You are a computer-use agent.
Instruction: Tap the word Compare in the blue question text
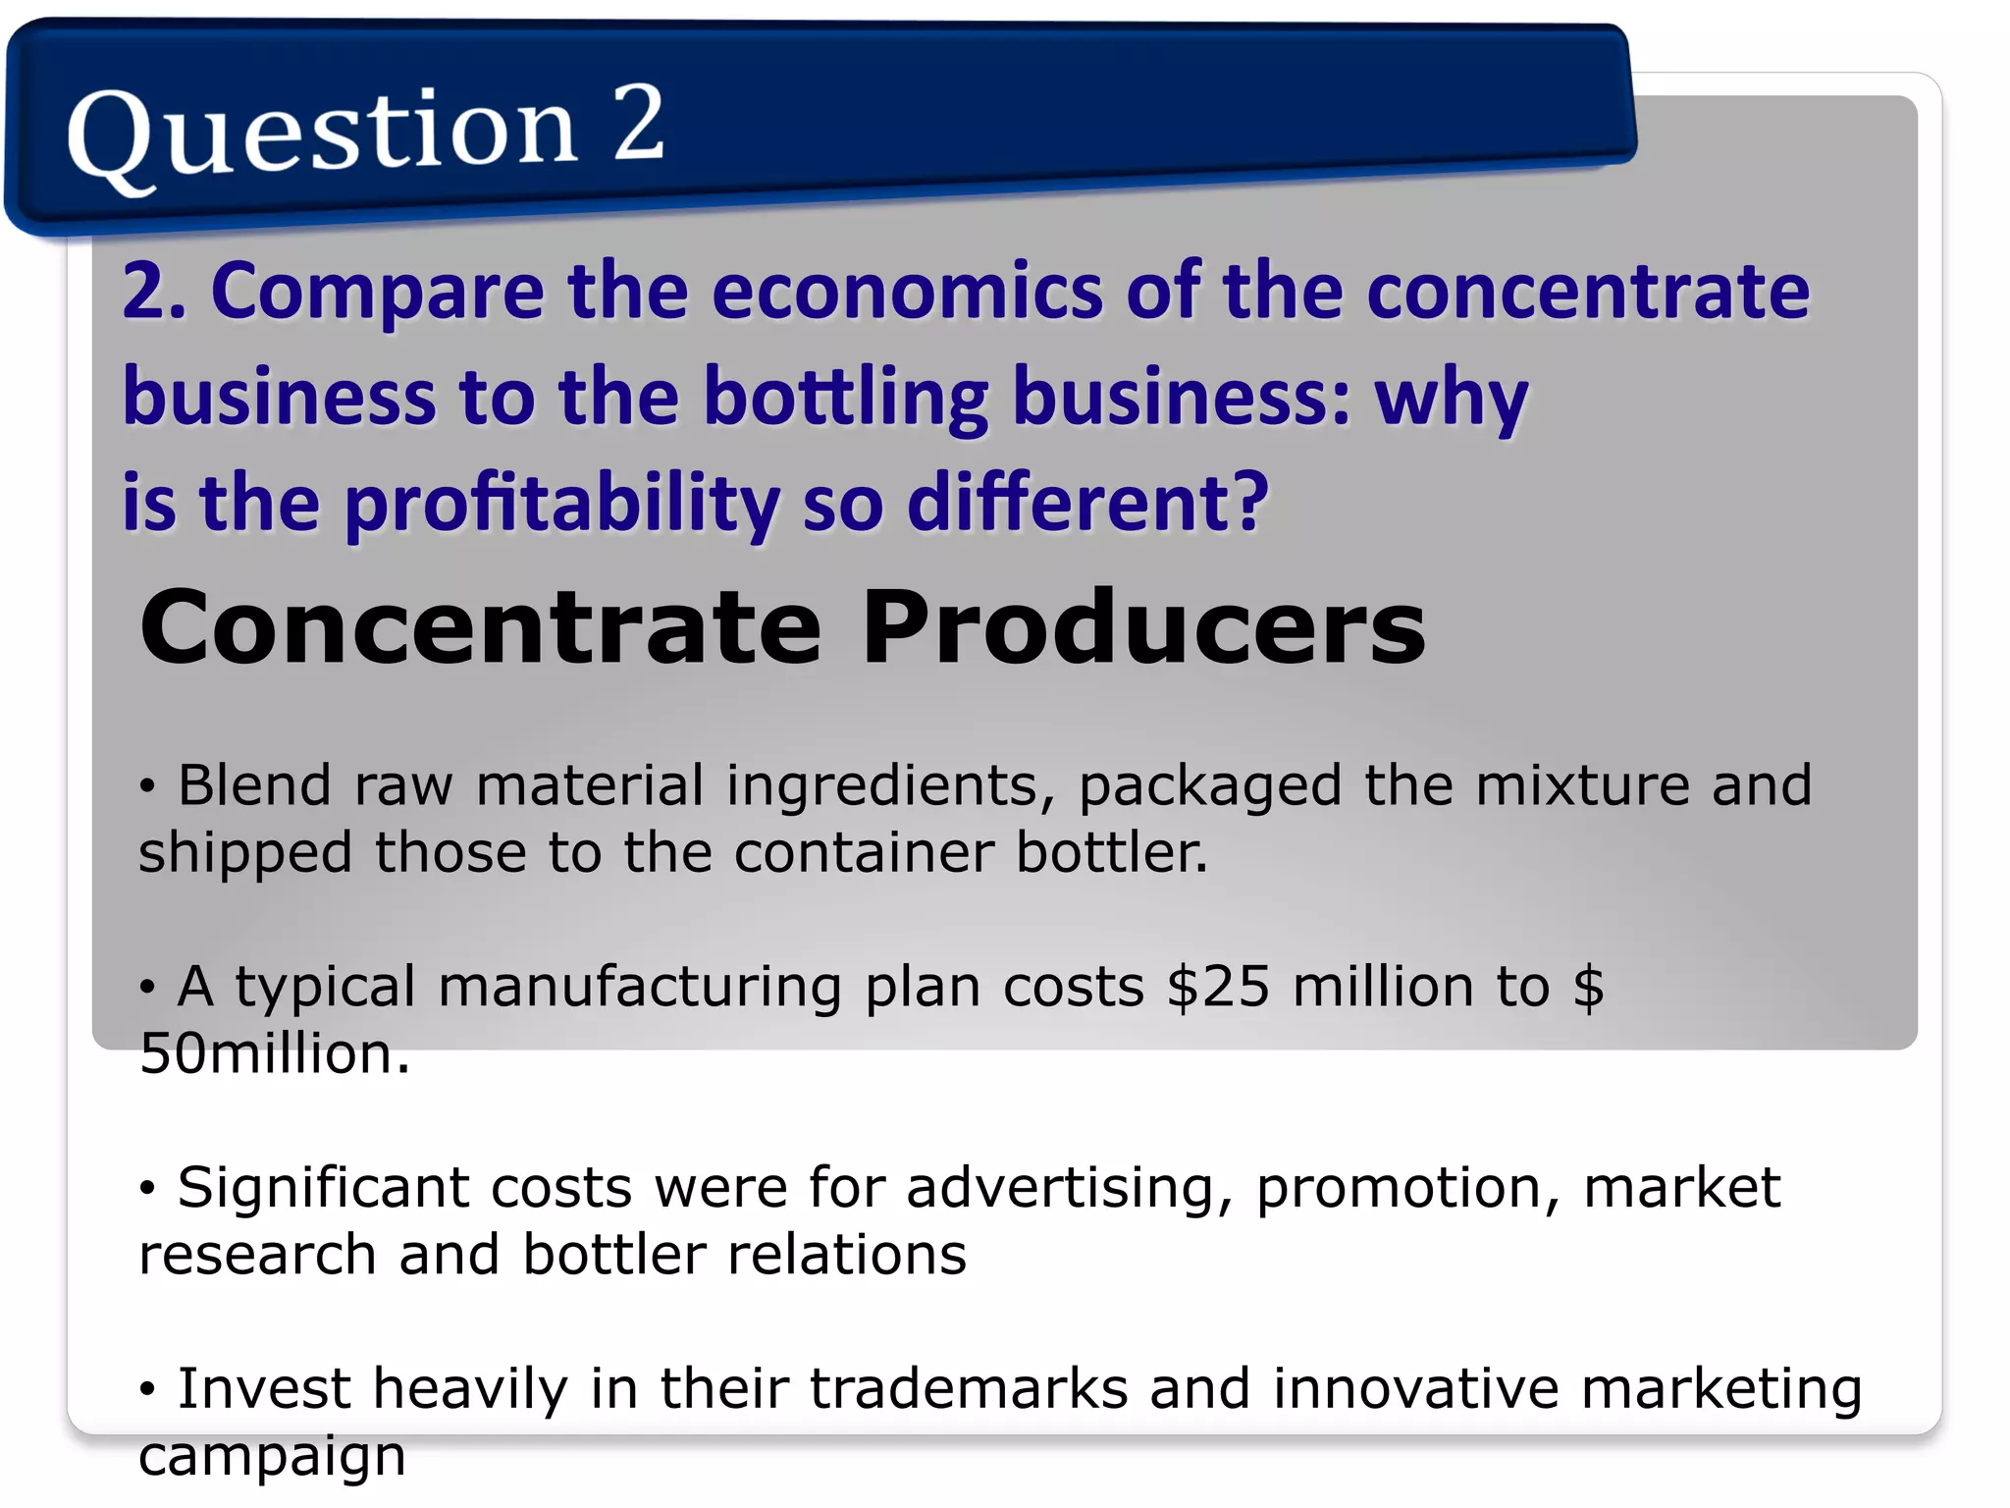coord(377,292)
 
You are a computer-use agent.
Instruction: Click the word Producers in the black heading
coord(1142,627)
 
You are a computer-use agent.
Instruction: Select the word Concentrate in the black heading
coord(480,627)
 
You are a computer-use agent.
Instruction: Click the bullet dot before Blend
coord(147,786)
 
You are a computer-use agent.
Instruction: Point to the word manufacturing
coord(639,987)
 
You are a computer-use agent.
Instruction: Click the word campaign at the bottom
coord(272,1457)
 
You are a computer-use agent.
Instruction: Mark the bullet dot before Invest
coord(147,1389)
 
